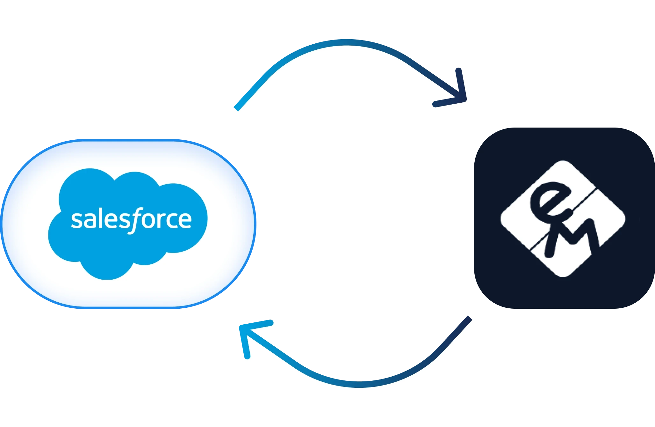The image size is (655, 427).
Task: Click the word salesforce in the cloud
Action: [x=131, y=219]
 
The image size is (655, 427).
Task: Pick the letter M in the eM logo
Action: [x=570, y=236]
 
